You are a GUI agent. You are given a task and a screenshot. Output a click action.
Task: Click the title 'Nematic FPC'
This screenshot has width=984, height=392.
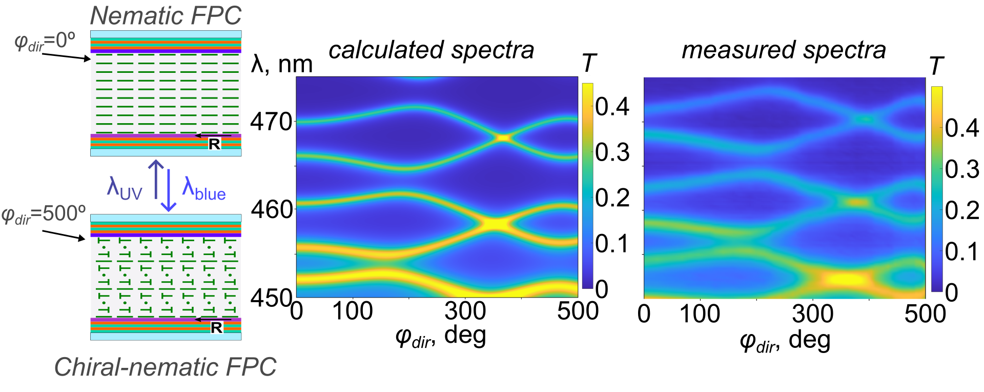166,15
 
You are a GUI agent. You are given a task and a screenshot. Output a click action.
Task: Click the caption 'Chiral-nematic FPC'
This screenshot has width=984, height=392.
165,367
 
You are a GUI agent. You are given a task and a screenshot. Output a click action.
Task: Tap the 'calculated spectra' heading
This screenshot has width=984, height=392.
431,50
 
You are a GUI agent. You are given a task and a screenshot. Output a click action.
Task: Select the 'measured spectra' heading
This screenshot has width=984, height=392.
784,50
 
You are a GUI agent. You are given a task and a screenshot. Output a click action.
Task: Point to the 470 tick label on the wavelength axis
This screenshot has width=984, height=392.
271,122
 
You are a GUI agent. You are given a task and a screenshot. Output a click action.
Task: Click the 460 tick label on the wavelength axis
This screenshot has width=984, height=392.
271,209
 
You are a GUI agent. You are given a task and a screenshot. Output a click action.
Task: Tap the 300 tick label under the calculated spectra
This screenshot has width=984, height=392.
465,311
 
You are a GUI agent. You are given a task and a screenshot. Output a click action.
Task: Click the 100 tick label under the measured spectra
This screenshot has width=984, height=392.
700,314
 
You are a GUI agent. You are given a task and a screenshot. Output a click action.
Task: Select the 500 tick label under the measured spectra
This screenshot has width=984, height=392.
925,314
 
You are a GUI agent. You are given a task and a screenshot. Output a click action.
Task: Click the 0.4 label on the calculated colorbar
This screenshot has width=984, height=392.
612,107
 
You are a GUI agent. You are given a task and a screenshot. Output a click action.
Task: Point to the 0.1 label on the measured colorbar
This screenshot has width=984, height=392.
962,252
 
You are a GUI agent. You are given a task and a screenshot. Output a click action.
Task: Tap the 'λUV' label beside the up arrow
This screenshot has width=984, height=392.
124,187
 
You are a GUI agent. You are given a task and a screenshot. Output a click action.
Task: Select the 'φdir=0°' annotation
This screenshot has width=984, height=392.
45,41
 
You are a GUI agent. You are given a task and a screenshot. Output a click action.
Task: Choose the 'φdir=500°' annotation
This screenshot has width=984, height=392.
44,214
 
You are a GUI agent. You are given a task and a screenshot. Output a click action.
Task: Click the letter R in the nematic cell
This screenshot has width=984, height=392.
214,144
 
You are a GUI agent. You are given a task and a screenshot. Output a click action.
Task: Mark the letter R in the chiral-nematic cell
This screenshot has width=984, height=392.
216,327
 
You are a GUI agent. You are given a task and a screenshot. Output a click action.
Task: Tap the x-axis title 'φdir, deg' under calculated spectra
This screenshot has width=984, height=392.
440,337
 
